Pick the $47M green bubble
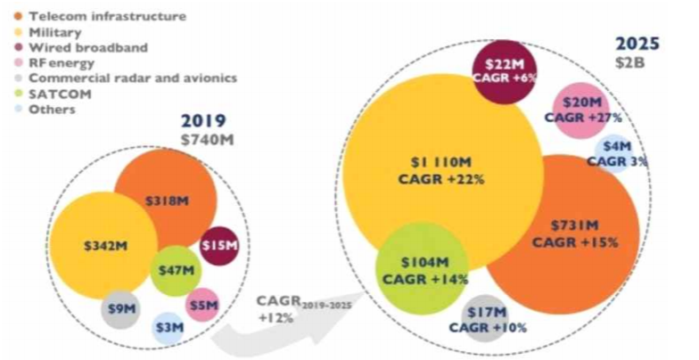click(x=176, y=270)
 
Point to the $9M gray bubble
click(x=119, y=309)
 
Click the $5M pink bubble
click(x=203, y=305)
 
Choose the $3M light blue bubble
click(x=168, y=328)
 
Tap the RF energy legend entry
click(x=62, y=62)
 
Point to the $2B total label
click(x=631, y=60)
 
